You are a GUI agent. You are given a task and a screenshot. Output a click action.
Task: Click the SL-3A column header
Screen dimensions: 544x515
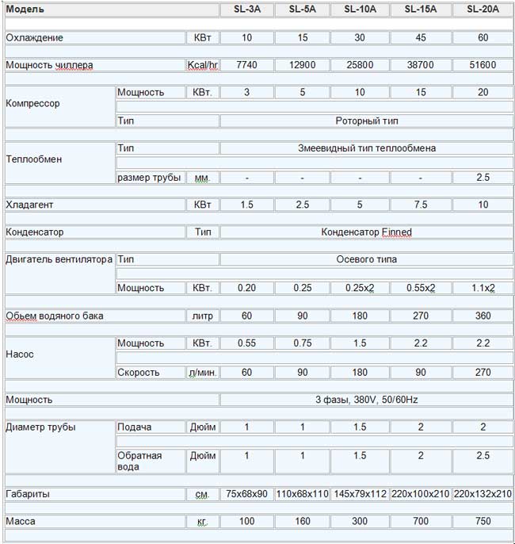[247, 10]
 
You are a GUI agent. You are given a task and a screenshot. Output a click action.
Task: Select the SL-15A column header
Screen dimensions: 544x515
[422, 10]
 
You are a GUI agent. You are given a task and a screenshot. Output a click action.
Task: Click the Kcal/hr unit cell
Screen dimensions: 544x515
[202, 65]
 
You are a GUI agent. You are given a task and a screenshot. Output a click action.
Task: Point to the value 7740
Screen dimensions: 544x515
[247, 65]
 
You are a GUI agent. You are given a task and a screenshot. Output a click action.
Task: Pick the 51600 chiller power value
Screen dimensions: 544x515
[483, 65]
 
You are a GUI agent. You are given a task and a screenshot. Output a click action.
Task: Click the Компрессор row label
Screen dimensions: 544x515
[32, 103]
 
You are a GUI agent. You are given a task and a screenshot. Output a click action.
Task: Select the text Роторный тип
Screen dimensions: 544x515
[367, 121]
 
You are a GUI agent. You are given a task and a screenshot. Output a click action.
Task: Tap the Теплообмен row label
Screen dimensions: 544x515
[34, 159]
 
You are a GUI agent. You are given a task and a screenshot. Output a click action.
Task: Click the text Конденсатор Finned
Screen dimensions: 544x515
[367, 232]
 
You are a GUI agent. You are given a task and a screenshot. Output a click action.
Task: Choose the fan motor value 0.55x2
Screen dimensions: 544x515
[422, 288]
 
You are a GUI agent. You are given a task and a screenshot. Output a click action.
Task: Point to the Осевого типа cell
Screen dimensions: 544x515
[367, 259]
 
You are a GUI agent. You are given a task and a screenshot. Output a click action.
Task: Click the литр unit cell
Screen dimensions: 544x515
[202, 316]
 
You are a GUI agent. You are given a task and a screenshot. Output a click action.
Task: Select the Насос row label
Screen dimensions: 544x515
[19, 354]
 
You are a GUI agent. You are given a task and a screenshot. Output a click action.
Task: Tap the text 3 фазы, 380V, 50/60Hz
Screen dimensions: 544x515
[367, 399]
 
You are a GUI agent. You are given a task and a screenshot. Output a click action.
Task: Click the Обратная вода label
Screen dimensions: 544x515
[139, 461]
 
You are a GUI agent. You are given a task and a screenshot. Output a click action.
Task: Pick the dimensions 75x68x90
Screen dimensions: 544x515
[247, 494]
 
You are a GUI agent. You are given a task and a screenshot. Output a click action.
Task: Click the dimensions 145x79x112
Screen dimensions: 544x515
[360, 494]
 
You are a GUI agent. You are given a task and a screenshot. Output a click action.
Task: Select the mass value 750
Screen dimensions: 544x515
[483, 522]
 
